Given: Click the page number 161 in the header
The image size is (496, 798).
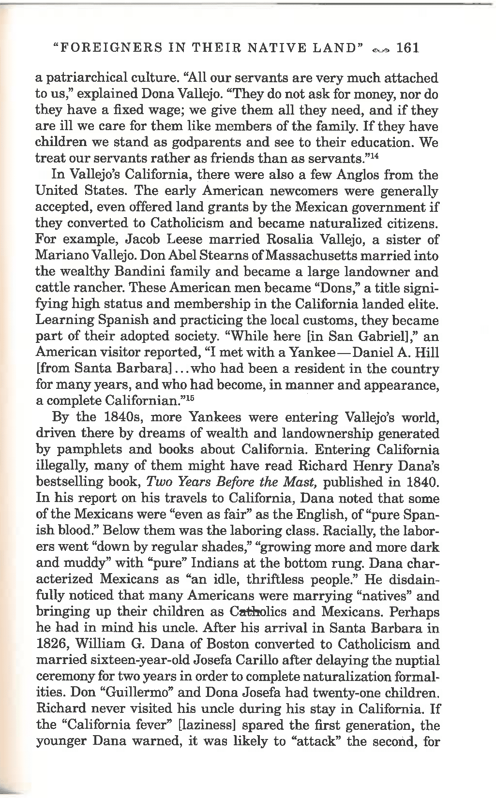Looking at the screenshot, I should click(407, 48).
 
